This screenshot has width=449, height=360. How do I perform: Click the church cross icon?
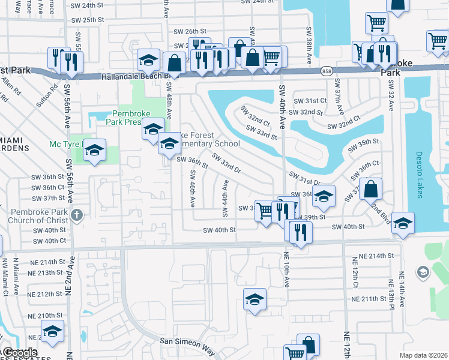[x=76, y=215]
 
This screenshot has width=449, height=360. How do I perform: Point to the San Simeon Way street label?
[x=187, y=341]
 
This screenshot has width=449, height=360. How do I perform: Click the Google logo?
[x=20, y=353]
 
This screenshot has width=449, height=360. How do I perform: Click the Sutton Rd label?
[x=47, y=95]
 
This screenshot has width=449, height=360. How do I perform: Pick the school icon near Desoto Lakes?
[x=403, y=223]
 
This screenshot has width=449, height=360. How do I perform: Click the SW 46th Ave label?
[x=192, y=188]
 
